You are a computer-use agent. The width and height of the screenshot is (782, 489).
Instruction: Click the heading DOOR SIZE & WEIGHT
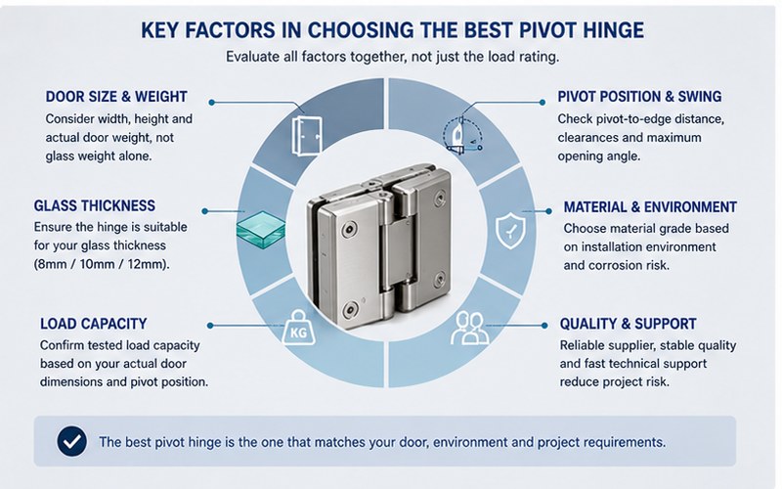116,96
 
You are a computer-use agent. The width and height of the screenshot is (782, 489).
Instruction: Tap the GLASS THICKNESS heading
94,205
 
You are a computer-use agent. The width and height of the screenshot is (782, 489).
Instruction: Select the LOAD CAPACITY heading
93,324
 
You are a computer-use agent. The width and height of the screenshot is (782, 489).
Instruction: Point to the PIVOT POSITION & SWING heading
639,96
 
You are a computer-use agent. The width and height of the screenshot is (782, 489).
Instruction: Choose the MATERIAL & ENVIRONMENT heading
650,206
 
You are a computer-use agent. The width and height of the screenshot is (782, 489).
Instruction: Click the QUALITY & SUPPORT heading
628,324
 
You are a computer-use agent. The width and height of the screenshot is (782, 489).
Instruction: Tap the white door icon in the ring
307,136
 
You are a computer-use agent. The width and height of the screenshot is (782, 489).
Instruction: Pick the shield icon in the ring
510,231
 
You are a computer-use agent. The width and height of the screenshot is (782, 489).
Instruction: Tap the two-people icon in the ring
469,328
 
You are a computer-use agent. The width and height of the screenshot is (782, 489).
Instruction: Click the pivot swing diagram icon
462,135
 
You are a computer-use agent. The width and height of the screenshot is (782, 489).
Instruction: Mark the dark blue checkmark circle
71,441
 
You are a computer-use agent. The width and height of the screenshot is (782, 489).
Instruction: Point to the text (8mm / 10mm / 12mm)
102,264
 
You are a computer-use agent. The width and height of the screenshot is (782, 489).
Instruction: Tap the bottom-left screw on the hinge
350,310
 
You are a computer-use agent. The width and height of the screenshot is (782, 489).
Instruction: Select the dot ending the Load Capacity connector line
210,326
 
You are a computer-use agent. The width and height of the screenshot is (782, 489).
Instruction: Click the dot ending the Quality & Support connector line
544,326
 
